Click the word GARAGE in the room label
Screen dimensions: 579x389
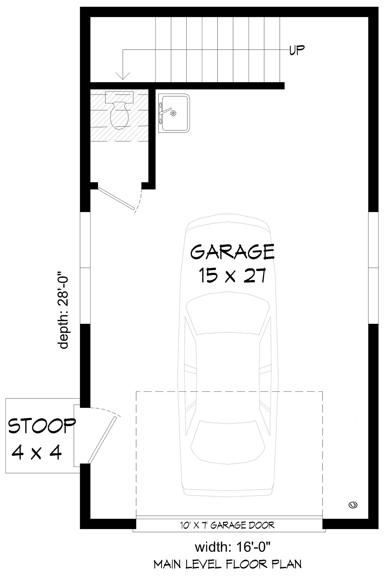(232, 252)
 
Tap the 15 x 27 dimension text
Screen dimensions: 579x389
(232, 276)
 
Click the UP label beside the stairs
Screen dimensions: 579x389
(297, 50)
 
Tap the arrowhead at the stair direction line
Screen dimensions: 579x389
(123, 76)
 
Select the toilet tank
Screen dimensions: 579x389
(119, 96)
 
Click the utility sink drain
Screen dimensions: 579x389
(173, 113)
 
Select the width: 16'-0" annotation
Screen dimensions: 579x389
(232, 547)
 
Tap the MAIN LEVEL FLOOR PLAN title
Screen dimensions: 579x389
(228, 564)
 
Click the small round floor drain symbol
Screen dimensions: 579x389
(353, 504)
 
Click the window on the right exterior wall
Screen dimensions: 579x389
(373, 268)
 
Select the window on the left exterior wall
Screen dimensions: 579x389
(85, 268)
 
